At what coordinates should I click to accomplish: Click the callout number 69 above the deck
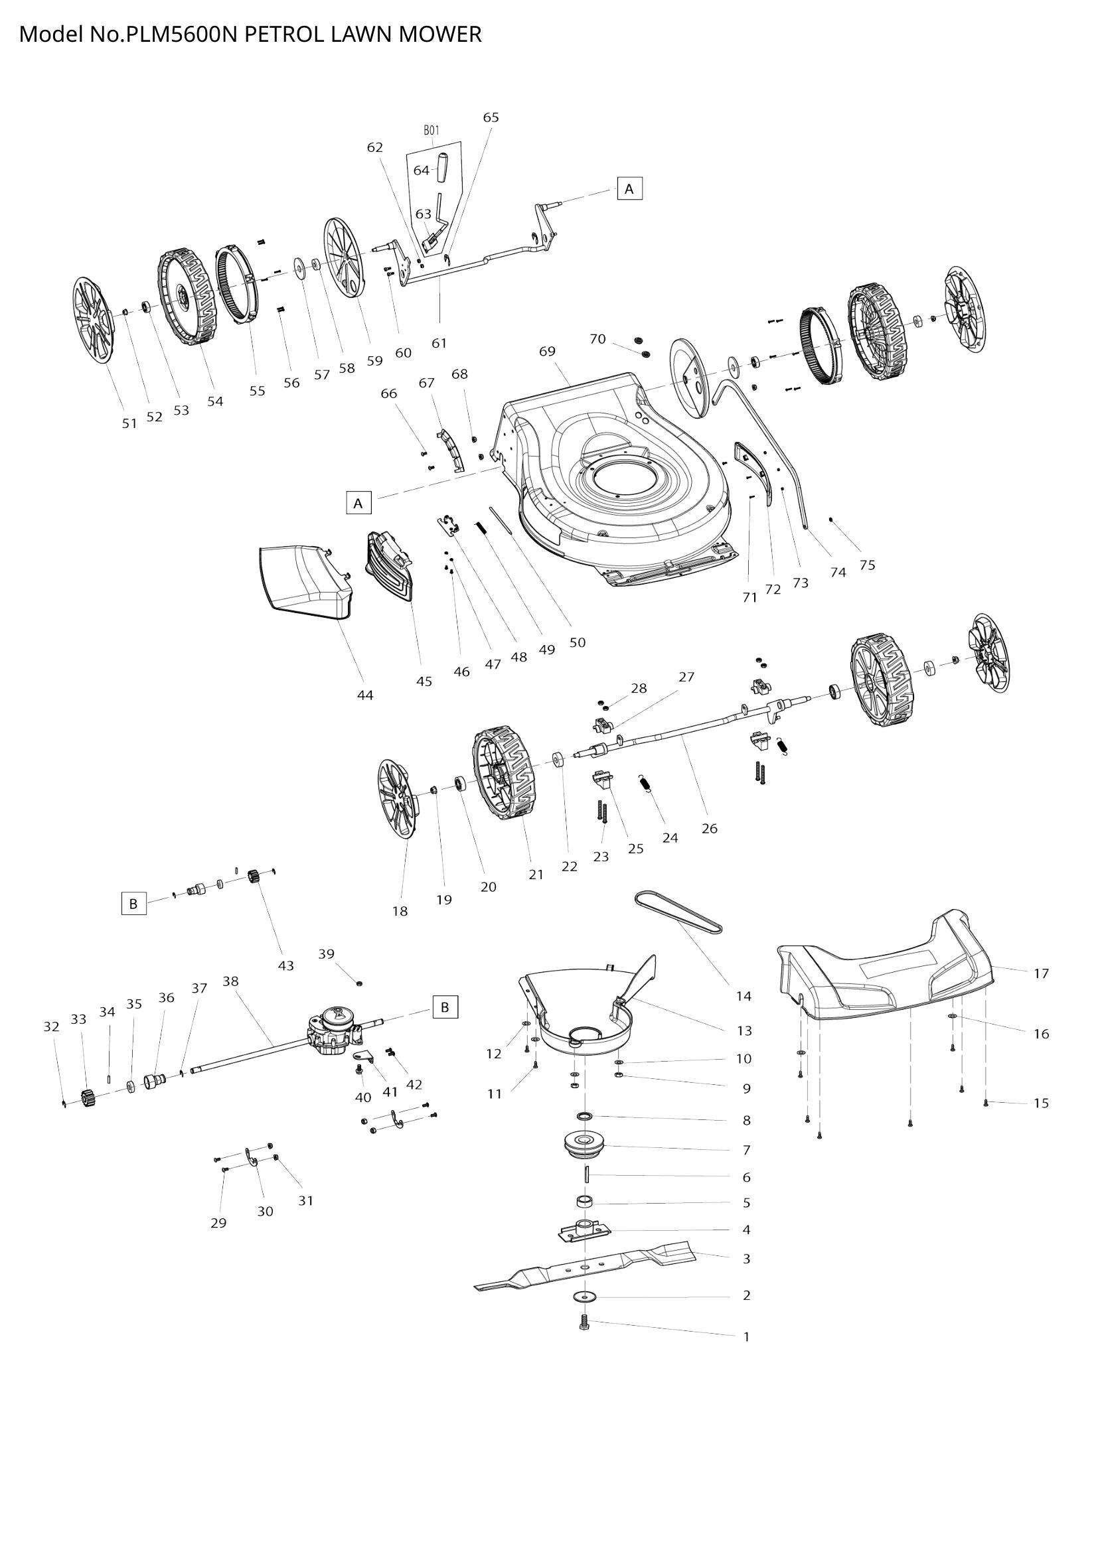[x=547, y=351]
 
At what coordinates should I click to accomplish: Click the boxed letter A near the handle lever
[x=629, y=189]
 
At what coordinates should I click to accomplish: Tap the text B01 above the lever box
[x=431, y=131]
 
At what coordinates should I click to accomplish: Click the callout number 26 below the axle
[x=709, y=828]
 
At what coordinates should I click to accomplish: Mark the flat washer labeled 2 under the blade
[x=585, y=1296]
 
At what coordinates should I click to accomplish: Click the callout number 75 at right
[x=867, y=565]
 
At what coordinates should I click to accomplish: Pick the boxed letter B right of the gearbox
[x=445, y=1007]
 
